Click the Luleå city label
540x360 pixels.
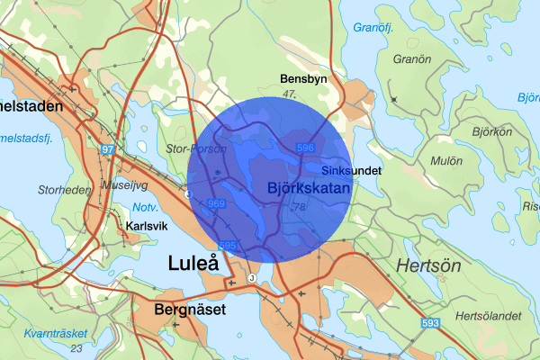point(193,264)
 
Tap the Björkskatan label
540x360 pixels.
point(308,187)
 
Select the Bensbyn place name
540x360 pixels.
point(303,79)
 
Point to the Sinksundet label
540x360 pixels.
point(352,170)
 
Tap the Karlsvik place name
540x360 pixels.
point(146,226)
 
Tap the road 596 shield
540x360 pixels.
point(305,148)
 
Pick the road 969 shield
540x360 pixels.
point(216,205)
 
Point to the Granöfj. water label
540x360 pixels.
point(375,28)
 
